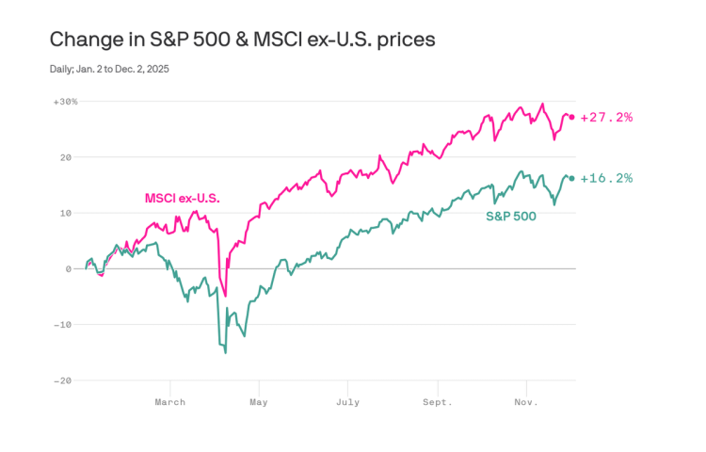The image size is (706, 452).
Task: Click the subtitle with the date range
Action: (x=116, y=69)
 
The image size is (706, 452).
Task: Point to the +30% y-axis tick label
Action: (x=66, y=101)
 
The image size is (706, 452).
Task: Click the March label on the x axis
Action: (x=170, y=402)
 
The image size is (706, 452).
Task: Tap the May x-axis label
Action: (x=259, y=402)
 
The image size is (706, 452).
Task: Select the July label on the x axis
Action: (x=348, y=402)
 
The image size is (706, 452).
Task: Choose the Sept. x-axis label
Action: (x=437, y=402)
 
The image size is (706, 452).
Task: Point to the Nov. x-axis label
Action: (x=525, y=402)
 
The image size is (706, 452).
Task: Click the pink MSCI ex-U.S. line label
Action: (x=188, y=199)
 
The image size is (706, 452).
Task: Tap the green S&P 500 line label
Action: (x=511, y=217)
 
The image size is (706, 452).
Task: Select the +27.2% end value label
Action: (x=606, y=118)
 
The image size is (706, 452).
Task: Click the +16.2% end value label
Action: (x=606, y=178)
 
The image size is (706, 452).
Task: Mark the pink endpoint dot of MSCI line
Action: (x=571, y=117)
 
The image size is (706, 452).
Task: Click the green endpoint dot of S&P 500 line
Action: (x=571, y=178)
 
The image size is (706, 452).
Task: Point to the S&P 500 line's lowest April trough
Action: (x=225, y=352)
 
